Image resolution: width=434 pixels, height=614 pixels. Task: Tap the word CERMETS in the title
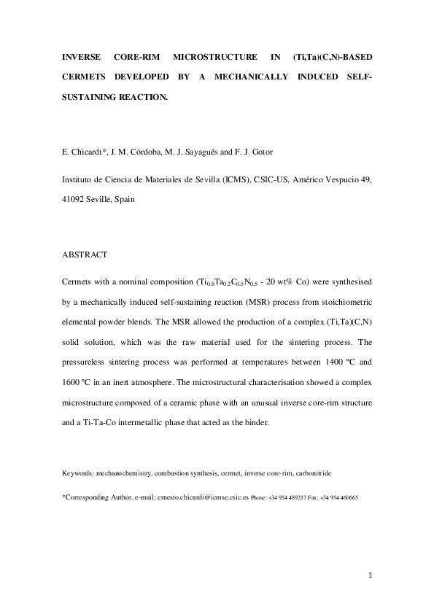[85, 75]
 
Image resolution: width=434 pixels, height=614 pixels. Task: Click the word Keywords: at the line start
[79, 473]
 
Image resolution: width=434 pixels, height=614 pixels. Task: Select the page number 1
[370, 576]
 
